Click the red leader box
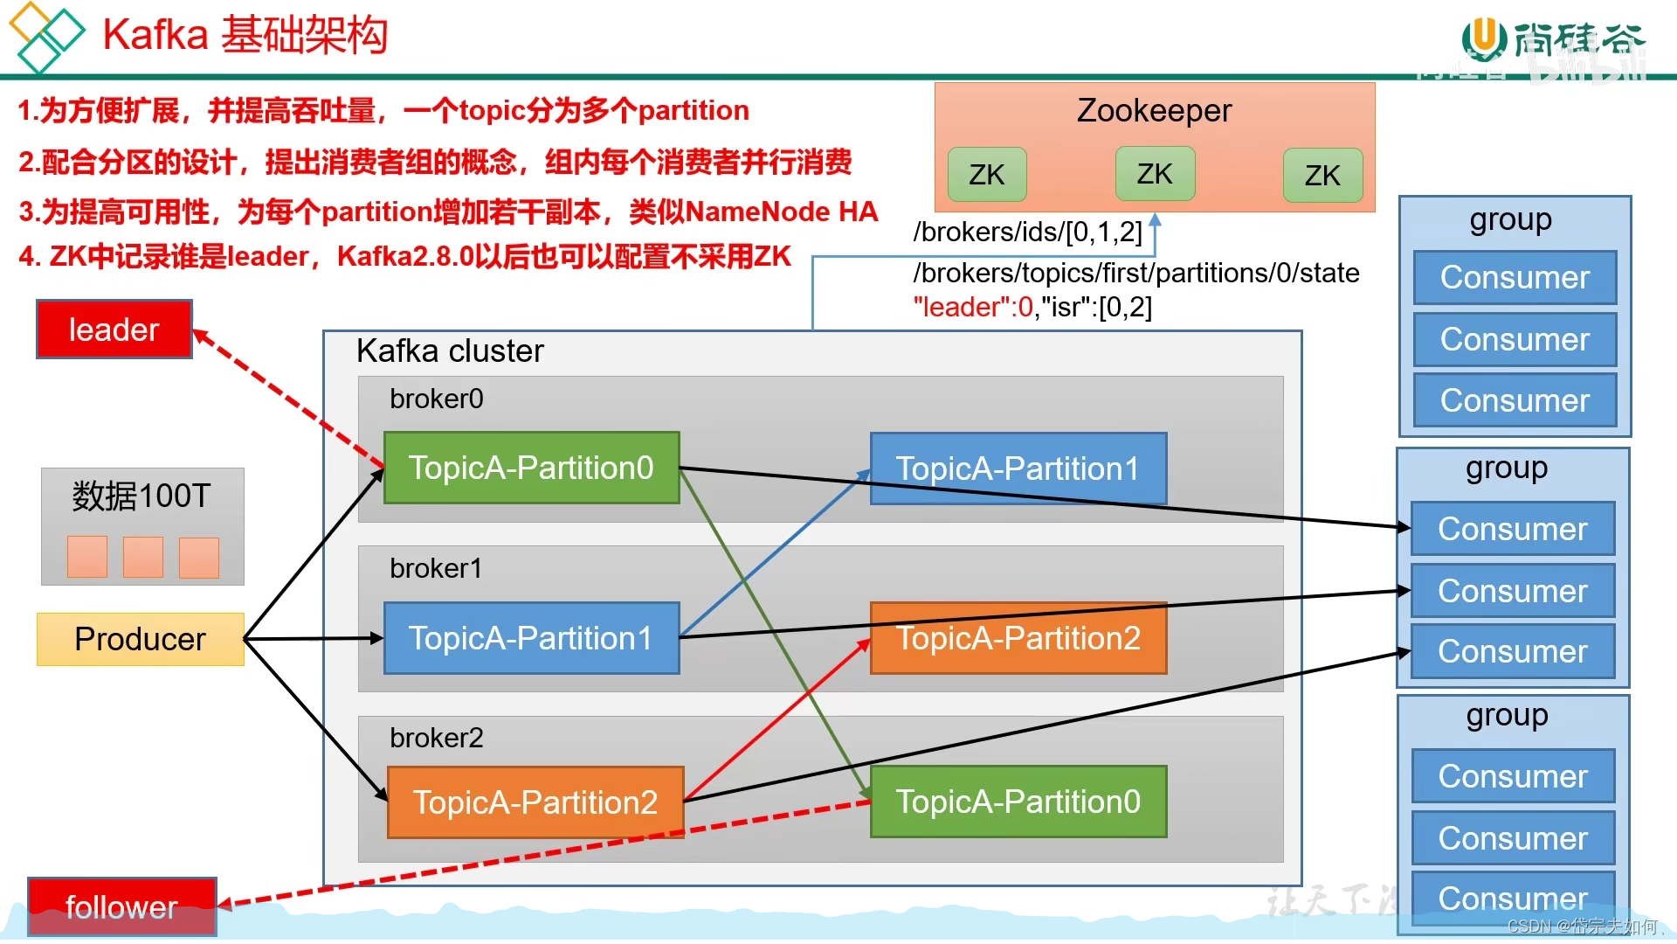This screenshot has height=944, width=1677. pos(114,330)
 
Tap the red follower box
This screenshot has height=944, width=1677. pos(121,906)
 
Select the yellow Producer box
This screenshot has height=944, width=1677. pos(140,639)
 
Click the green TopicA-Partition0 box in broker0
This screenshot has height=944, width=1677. pos(531,468)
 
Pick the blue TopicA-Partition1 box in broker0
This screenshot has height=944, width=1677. pos(1018,469)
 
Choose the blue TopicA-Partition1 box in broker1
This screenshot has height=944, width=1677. pos(531,638)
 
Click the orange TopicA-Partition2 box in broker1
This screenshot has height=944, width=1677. pos(1018,638)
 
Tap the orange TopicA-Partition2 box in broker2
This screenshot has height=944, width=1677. pos(535,802)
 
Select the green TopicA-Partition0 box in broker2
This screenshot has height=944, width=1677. pos(1018,802)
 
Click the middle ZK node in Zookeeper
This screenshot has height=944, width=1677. pos(1154,174)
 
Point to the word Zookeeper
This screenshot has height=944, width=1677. pos(1153,111)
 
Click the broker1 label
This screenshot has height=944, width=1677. pos(436,568)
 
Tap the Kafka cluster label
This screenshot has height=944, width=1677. pos(450,351)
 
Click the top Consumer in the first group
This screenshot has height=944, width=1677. pos(1514,278)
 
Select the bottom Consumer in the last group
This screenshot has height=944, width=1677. pos(1513,898)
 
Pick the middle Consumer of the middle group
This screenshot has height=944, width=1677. pos(1512,591)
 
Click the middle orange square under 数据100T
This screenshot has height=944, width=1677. pos(143,557)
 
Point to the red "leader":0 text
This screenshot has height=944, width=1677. pos(973,308)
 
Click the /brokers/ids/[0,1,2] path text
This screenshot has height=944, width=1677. pos(1027,232)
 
